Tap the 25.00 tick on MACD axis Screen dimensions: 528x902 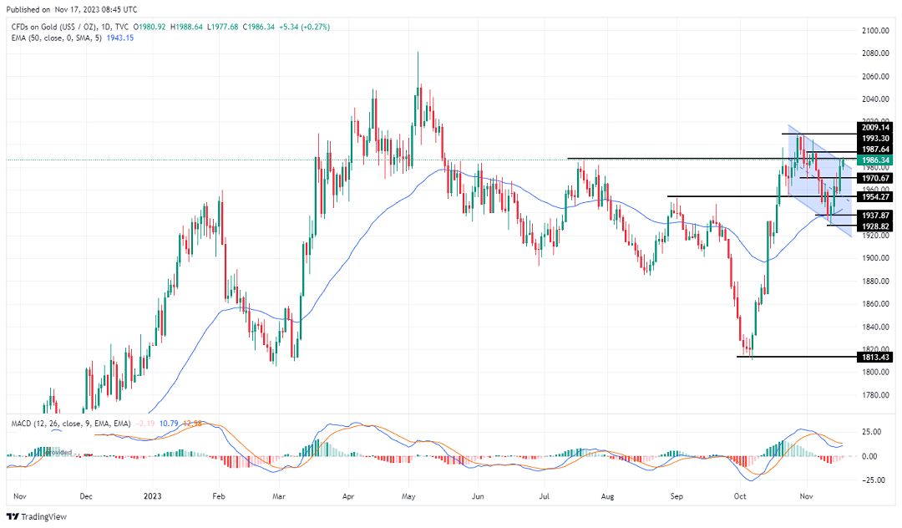tap(871, 432)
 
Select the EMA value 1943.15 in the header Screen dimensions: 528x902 tap(120, 39)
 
